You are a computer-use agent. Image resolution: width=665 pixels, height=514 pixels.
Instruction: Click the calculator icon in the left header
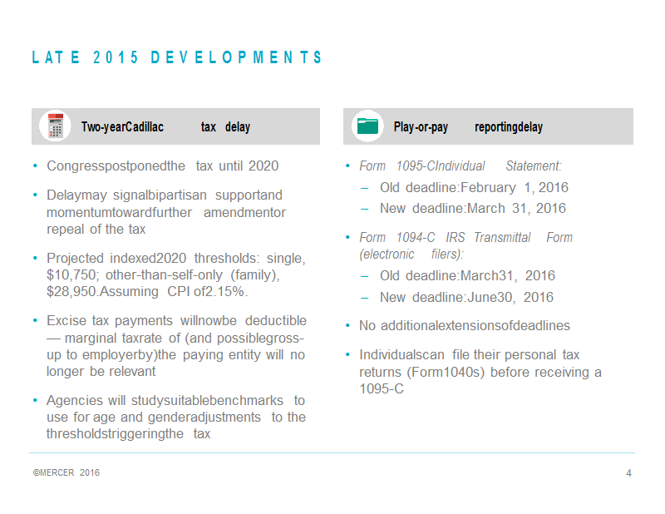pyautogui.click(x=56, y=126)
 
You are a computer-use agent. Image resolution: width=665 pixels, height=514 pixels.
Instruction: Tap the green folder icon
pyautogui.click(x=367, y=126)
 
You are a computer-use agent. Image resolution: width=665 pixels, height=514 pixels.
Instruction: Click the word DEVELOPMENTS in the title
pyautogui.click(x=236, y=57)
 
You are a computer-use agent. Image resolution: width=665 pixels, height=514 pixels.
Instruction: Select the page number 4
pyautogui.click(x=628, y=472)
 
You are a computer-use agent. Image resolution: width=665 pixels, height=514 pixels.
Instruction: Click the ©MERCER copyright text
pyautogui.click(x=53, y=472)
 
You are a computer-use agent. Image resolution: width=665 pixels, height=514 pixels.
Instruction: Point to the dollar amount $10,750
pyautogui.click(x=72, y=275)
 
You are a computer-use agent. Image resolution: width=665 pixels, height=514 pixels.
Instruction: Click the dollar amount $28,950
pyautogui.click(x=72, y=292)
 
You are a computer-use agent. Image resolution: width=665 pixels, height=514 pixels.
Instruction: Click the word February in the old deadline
pyautogui.click(x=488, y=188)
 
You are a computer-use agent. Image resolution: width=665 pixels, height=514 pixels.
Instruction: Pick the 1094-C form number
pyautogui.click(x=416, y=237)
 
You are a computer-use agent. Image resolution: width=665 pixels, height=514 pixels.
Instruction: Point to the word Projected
pyautogui.click(x=75, y=258)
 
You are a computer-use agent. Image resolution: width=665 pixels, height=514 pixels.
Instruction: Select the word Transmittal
pyautogui.click(x=502, y=237)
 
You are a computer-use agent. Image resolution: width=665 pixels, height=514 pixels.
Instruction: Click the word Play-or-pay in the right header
pyautogui.click(x=421, y=127)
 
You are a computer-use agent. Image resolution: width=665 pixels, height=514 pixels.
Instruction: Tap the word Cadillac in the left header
pyautogui.click(x=145, y=127)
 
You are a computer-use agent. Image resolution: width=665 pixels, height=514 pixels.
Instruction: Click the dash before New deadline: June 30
pyautogui.click(x=364, y=298)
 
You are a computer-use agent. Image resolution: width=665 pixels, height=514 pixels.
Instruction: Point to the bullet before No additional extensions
pyautogui.click(x=347, y=326)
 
